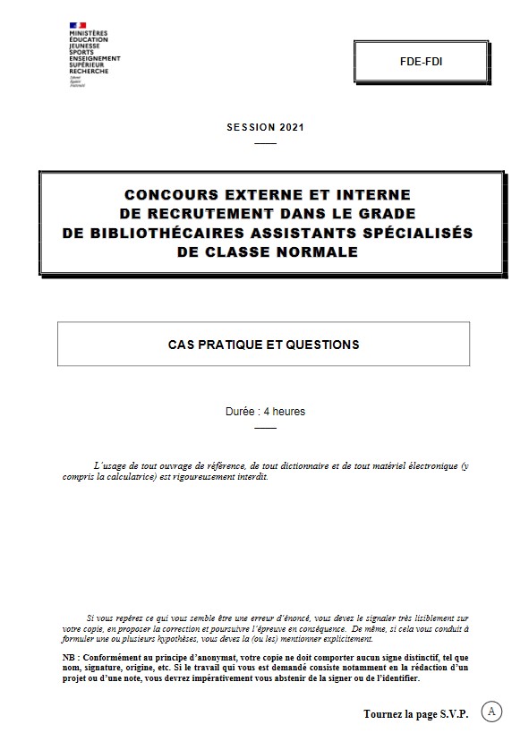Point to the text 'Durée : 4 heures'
point(265,412)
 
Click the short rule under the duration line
point(265,428)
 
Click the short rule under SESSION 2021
point(265,143)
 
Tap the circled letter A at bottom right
point(491,711)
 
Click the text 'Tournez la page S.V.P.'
point(416,713)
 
